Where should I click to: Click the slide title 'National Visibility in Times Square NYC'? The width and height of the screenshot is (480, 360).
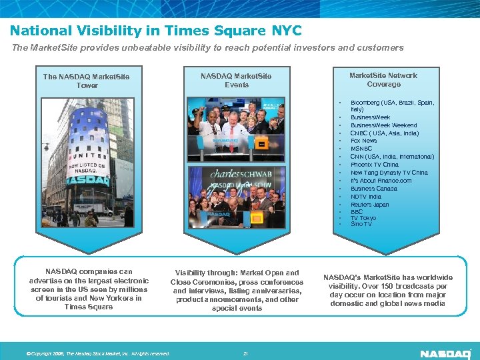pyautogui.click(x=155, y=31)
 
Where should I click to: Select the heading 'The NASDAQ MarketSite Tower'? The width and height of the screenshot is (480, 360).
pyautogui.click(x=87, y=81)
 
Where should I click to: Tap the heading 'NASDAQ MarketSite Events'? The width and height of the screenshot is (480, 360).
pyautogui.click(x=236, y=80)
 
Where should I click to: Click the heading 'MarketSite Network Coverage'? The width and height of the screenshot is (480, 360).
pyautogui.click(x=383, y=79)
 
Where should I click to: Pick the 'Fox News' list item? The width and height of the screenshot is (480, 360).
pyautogui.click(x=364, y=141)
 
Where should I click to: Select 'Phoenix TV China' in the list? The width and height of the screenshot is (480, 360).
pyautogui.click(x=374, y=165)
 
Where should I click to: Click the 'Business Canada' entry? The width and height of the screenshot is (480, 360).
pyautogui.click(x=373, y=189)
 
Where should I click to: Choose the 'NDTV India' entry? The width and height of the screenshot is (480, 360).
pyautogui.click(x=366, y=197)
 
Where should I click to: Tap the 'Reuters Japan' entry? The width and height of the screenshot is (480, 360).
pyautogui.click(x=369, y=205)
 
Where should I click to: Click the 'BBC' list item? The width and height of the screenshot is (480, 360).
pyautogui.click(x=357, y=212)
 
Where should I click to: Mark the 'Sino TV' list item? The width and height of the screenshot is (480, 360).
pyautogui.click(x=361, y=224)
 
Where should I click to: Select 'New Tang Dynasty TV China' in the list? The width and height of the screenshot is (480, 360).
pyautogui.click(x=389, y=173)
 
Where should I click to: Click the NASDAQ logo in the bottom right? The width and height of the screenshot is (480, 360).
pyautogui.click(x=445, y=353)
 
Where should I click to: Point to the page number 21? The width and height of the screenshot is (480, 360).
pyautogui.click(x=245, y=353)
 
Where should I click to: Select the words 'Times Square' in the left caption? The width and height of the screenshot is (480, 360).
pyautogui.click(x=89, y=307)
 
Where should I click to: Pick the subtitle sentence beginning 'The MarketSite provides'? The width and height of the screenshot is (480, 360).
pyautogui.click(x=207, y=48)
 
